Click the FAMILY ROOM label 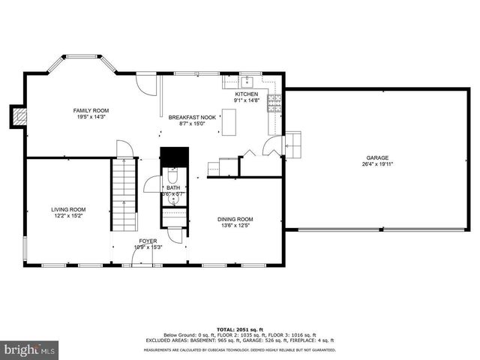point(90,109)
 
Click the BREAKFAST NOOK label point(192,117)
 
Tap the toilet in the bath point(172,180)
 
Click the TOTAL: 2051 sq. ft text point(240,329)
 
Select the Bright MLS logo point(30,349)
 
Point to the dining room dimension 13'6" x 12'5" point(235,226)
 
